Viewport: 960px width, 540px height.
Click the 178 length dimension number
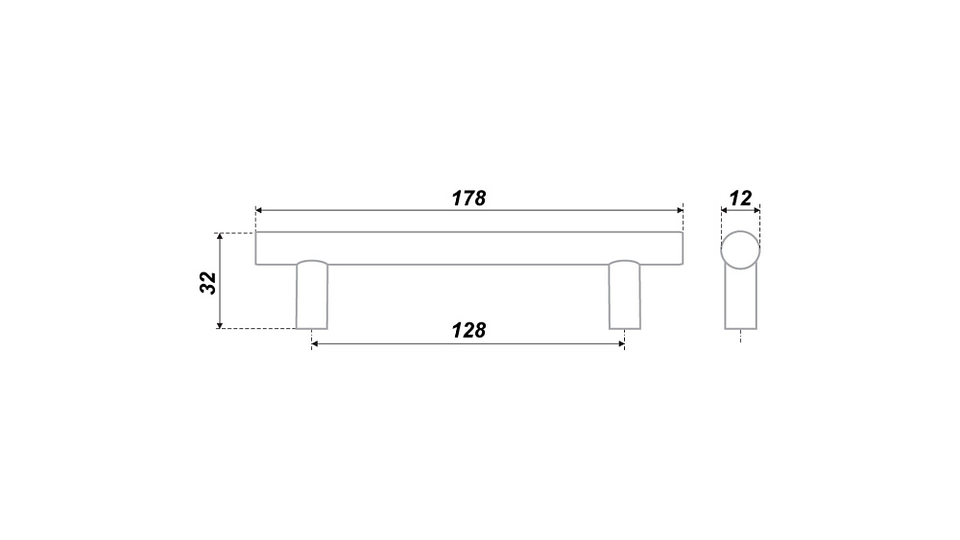coord(468,199)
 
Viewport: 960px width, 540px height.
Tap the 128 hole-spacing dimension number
coord(468,330)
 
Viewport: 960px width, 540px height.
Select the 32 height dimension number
coord(208,283)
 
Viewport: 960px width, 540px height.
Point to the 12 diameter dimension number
coord(740,199)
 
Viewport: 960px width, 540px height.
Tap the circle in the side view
coord(740,231)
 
